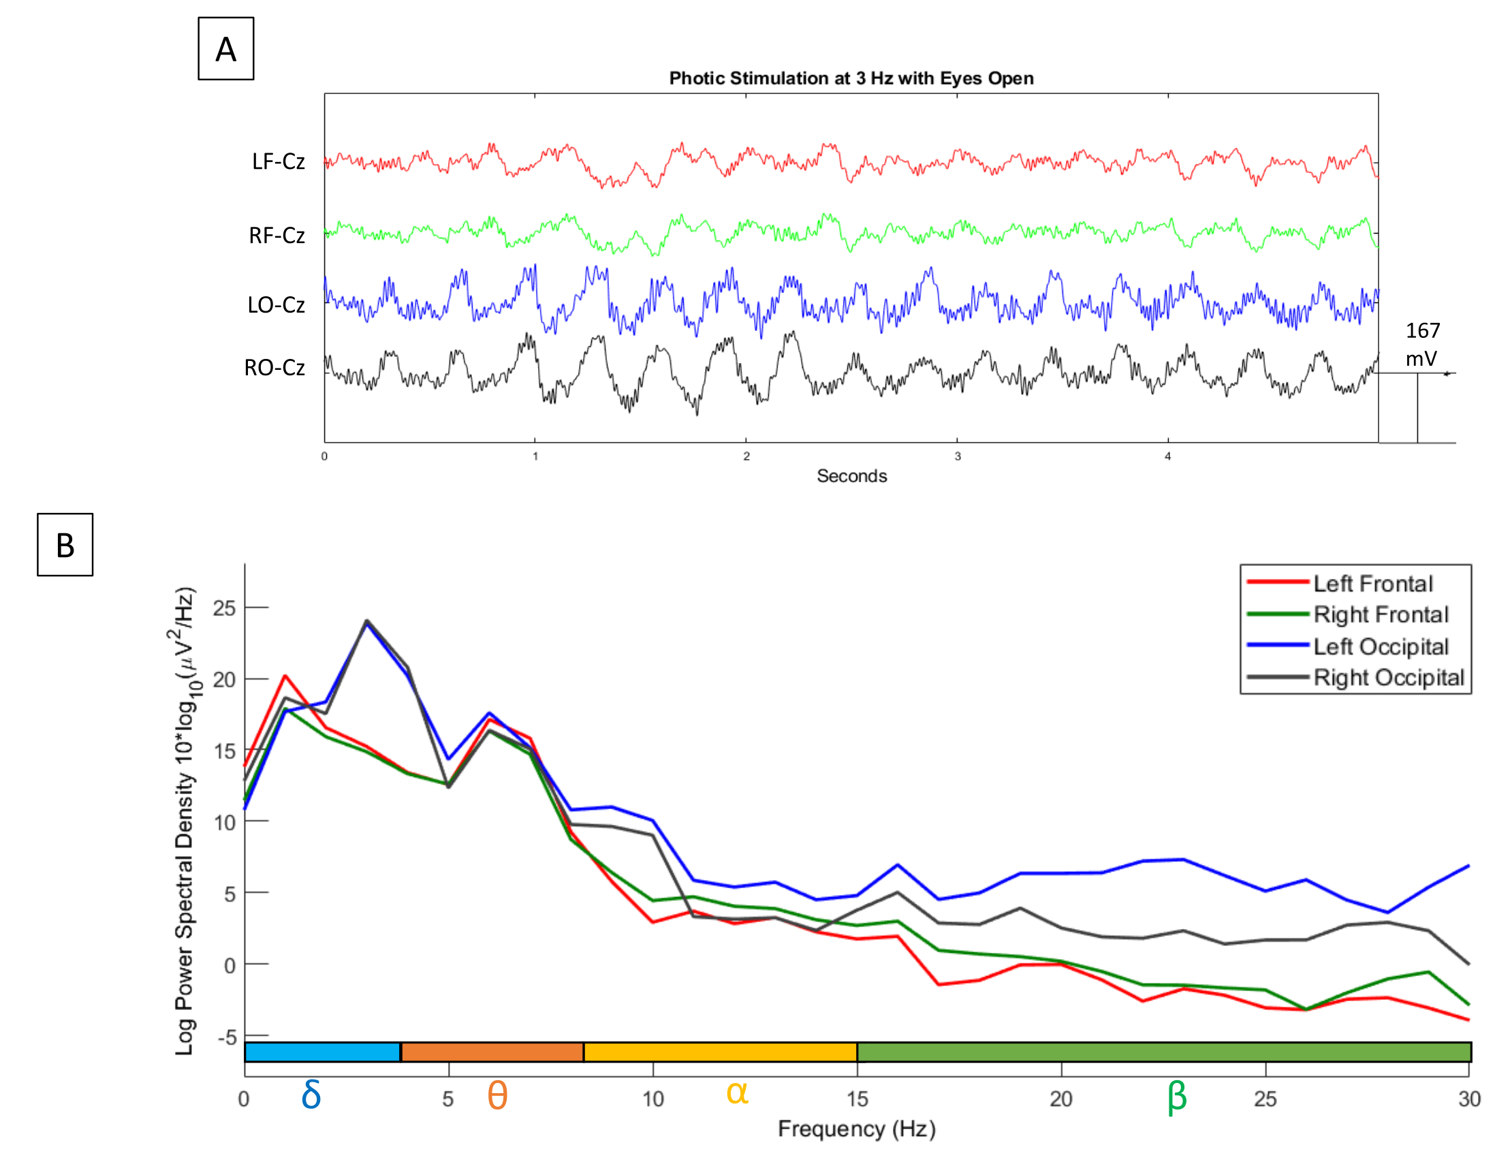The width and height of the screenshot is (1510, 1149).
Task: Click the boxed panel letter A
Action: [x=225, y=49]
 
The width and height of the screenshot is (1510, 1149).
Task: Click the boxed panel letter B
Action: [x=65, y=545]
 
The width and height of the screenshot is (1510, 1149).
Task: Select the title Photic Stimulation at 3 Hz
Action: [x=851, y=78]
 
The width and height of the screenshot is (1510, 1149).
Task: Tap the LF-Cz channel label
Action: [x=279, y=161]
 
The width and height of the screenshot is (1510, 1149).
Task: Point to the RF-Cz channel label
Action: [x=277, y=235]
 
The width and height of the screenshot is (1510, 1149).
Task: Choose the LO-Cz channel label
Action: [x=276, y=304]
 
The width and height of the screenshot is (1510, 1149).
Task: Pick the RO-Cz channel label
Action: [x=274, y=367]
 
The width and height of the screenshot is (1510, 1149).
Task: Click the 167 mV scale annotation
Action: [x=1422, y=344]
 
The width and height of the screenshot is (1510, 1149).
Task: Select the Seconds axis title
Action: [x=851, y=476]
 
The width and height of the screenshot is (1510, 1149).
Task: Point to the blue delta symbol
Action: [x=311, y=1095]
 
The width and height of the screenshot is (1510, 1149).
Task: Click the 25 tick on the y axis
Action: [x=224, y=608]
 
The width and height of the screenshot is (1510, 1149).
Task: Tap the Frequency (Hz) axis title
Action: [x=856, y=1129]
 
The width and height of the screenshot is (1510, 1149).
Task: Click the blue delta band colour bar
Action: [x=322, y=1052]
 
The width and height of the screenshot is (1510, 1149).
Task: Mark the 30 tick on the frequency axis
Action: [x=1469, y=1099]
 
